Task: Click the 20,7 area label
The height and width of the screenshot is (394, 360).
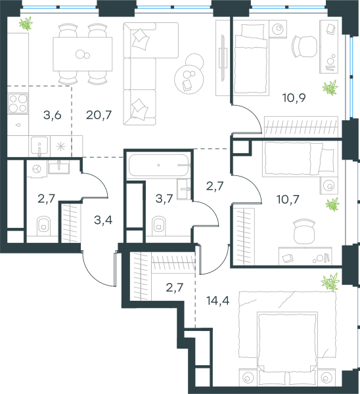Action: click(99, 115)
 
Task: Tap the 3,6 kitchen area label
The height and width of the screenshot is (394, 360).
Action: click(53, 115)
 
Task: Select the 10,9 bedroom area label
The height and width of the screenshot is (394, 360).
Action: click(294, 97)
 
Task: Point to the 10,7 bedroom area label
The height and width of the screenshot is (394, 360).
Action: click(288, 200)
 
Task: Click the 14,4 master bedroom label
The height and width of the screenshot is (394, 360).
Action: click(217, 301)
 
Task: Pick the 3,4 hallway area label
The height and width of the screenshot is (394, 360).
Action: click(103, 220)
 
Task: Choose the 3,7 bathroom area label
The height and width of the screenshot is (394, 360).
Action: click(164, 199)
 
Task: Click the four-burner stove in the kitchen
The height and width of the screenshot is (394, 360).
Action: click(18, 103)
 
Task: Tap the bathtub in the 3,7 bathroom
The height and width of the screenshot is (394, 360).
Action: click(158, 165)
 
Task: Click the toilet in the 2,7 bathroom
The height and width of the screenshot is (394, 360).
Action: click(44, 226)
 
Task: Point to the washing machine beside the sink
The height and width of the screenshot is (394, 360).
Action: click(37, 169)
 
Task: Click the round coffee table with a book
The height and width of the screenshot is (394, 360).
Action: click(189, 79)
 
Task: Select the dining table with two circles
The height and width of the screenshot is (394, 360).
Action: click(83, 54)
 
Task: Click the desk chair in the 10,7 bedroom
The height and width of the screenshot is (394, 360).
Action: click(304, 231)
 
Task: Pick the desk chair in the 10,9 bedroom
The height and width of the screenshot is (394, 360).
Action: click(304, 47)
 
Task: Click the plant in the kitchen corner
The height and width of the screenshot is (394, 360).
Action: click(26, 24)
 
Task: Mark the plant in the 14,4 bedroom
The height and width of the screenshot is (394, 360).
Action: click(330, 282)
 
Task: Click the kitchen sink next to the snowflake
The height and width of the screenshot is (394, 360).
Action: click(39, 146)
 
